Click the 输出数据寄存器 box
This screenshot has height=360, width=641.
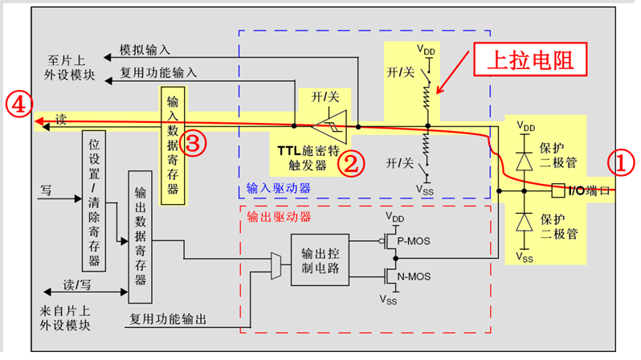(x=141, y=236)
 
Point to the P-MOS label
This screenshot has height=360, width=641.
(x=416, y=239)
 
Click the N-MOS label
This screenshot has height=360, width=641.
(x=416, y=278)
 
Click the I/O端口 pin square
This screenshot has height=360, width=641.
(x=558, y=191)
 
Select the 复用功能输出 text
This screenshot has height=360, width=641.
(x=168, y=320)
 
